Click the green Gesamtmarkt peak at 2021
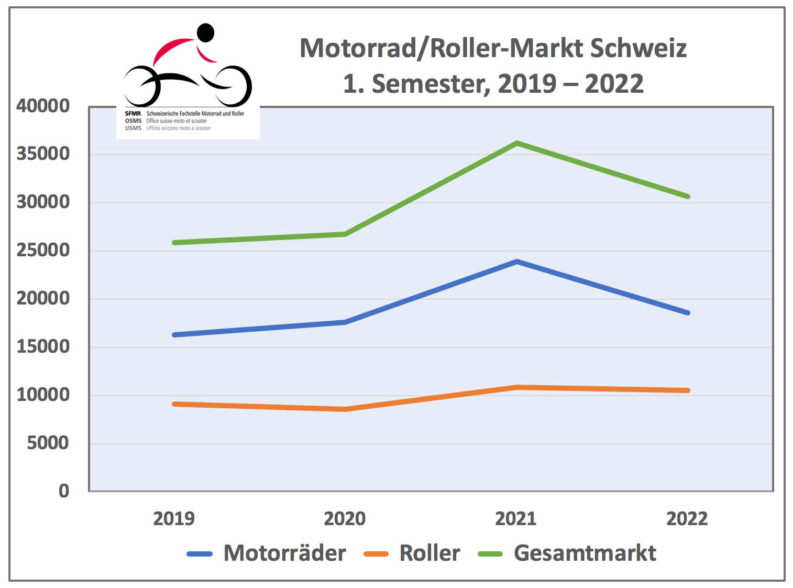pyautogui.click(x=516, y=143)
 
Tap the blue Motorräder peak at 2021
pyautogui.click(x=516, y=262)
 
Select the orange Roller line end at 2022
pyautogui.click(x=687, y=390)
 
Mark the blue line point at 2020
pyautogui.click(x=345, y=322)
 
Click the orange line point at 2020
pyautogui.click(x=345, y=409)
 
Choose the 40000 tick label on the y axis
pyautogui.click(x=43, y=106)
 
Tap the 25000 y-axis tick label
pyautogui.click(x=43, y=251)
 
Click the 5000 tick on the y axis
pyautogui.click(x=48, y=443)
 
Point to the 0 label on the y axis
pyautogui.click(x=64, y=491)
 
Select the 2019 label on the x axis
pyautogui.click(x=174, y=519)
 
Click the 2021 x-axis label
pyautogui.click(x=516, y=519)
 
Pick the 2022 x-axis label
pyautogui.click(x=687, y=519)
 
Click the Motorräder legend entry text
pyautogui.click(x=284, y=553)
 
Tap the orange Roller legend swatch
pyautogui.click(x=376, y=554)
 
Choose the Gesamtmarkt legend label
pyautogui.click(x=585, y=553)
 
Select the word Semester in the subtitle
pyautogui.click(x=431, y=84)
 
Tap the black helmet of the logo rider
pyautogui.click(x=205, y=32)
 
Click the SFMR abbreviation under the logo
pyautogui.click(x=133, y=114)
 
